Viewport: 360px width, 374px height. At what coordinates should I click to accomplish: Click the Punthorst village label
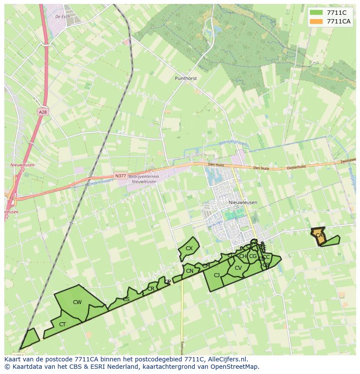pos(186,79)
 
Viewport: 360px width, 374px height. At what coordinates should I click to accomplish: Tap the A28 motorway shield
pos(42,112)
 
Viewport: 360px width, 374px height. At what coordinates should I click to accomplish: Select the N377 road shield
pos(120,176)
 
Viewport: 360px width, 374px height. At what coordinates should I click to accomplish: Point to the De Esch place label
pos(63,17)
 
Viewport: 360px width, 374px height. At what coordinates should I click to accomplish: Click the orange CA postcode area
pos(319,235)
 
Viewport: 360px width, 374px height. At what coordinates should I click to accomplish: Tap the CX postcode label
pos(189,248)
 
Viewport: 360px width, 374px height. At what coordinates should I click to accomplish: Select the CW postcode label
pos(77,302)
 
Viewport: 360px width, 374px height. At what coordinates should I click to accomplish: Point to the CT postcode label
pos(62,324)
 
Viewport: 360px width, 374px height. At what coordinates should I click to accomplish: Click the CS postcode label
pos(126,299)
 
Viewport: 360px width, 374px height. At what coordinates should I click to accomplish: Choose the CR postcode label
pos(151,289)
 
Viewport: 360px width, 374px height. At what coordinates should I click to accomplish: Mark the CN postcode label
pos(190,271)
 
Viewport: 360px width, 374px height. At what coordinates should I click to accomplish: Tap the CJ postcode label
pos(217,275)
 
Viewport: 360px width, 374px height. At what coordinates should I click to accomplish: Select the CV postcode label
pos(238,268)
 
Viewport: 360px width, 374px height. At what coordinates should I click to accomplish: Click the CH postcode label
pos(243,256)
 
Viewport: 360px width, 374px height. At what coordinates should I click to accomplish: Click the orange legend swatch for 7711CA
pos(316,22)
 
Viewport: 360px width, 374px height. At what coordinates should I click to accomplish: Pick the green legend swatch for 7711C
pos(316,13)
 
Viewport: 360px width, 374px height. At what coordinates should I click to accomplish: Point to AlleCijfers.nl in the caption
pos(226,359)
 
